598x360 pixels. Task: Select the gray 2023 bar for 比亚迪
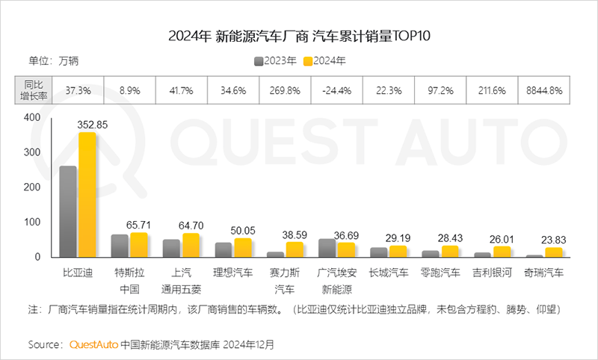coord(68,211)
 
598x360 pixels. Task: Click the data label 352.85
coord(93,125)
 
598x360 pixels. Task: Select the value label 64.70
coord(192,224)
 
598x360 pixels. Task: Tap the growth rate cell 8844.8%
coord(543,90)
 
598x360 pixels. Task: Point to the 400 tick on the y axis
coord(31,117)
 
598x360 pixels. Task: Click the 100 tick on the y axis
coord(31,222)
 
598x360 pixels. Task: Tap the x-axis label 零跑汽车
coord(440,273)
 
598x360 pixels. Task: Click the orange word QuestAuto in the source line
coord(94,345)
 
